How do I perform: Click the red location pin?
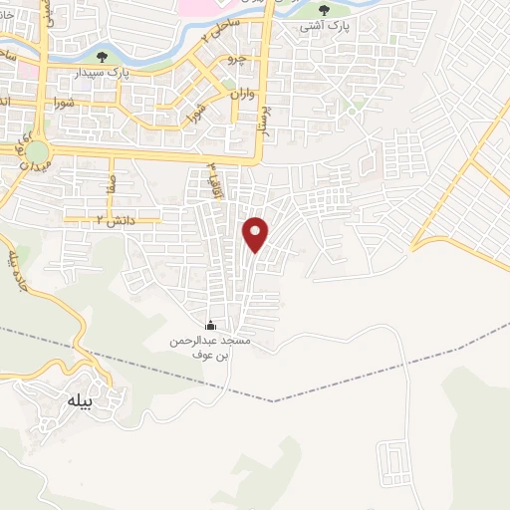(256, 233)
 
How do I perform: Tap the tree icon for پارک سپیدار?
(102, 57)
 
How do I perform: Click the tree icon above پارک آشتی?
(323, 11)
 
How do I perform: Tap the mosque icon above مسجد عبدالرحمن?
(210, 325)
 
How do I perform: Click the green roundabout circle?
(37, 152)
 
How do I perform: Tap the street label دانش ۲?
(114, 219)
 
